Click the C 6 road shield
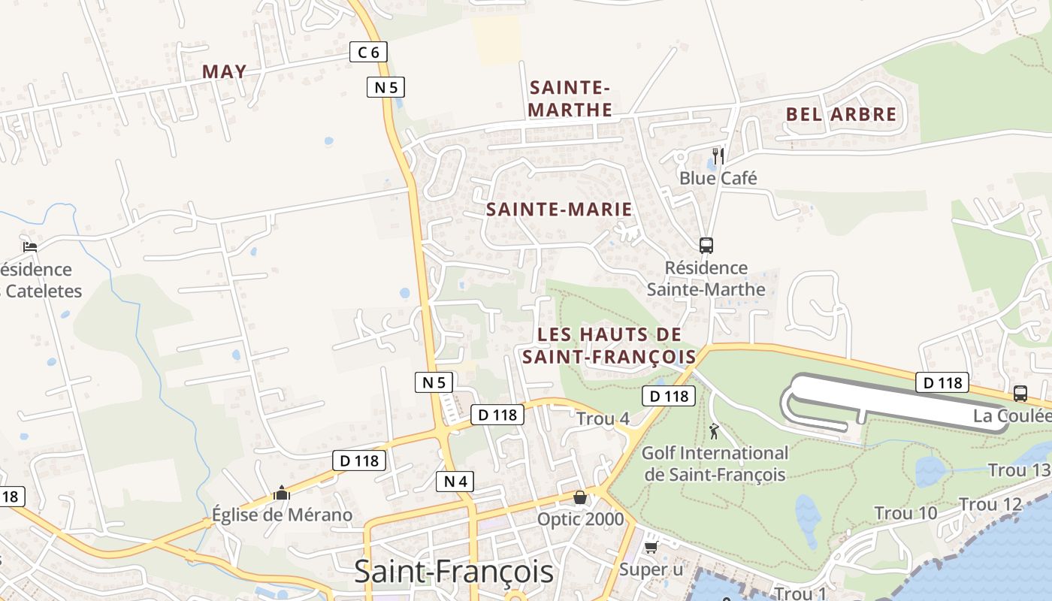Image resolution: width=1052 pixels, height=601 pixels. pyautogui.click(x=369, y=52)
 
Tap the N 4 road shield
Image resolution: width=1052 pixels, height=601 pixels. pyautogui.click(x=455, y=481)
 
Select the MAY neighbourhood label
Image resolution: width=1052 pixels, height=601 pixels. pyautogui.click(x=224, y=71)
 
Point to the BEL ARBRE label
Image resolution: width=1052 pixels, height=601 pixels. pyautogui.click(x=841, y=114)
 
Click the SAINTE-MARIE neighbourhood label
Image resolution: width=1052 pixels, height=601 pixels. pyautogui.click(x=559, y=210)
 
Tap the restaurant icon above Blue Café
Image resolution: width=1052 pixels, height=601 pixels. pyautogui.click(x=718, y=156)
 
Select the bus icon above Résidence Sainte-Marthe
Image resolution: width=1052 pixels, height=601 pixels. pyautogui.click(x=706, y=245)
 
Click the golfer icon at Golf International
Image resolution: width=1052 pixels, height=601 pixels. pyautogui.click(x=714, y=431)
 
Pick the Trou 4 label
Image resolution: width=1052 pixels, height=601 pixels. pyautogui.click(x=603, y=419)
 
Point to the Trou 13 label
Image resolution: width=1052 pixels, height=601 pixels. pyautogui.click(x=1018, y=470)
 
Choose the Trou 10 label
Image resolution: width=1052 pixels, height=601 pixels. pyautogui.click(x=905, y=513)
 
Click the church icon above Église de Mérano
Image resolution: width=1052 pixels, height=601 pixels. pyautogui.click(x=282, y=493)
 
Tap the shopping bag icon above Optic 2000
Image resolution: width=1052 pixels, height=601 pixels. pyautogui.click(x=580, y=497)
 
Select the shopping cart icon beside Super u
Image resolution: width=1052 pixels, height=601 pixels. pyautogui.click(x=651, y=547)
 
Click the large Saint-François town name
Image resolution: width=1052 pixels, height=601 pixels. pyautogui.click(x=454, y=572)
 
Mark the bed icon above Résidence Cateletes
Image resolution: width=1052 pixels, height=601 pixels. pyautogui.click(x=30, y=246)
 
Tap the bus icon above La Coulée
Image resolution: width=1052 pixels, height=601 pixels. pyautogui.click(x=1020, y=393)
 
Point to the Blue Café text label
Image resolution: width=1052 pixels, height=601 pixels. pyautogui.click(x=718, y=178)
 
